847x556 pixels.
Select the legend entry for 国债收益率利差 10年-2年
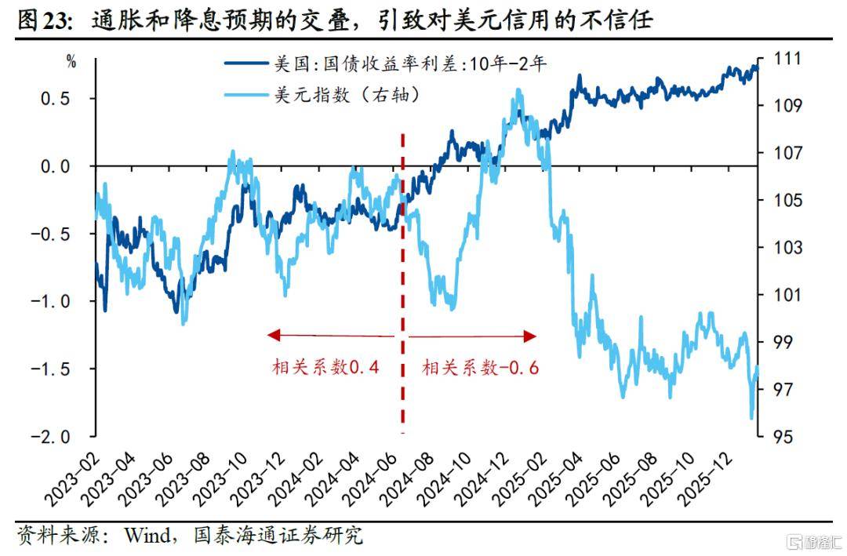coord(408,65)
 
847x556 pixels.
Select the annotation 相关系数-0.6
coord(480,367)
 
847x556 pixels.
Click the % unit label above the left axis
coord(71,63)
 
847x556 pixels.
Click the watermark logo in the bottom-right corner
coord(812,541)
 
